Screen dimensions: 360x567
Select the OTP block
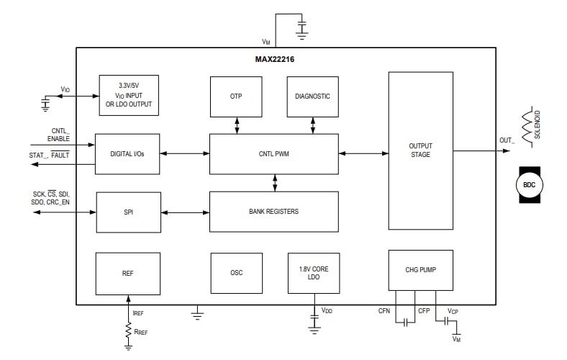(236, 96)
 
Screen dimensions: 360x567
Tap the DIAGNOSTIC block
(312, 96)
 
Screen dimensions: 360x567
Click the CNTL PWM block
(273, 153)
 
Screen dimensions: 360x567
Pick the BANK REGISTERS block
(273, 212)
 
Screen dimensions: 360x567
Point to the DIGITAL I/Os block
(127, 153)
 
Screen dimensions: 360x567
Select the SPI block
(128, 212)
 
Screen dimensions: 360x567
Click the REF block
(128, 274)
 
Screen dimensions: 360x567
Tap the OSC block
(236, 274)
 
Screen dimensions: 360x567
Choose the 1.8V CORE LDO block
(313, 274)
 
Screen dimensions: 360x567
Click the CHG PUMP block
(420, 271)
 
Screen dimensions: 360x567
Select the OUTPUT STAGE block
(420, 150)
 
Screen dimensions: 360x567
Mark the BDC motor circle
(529, 185)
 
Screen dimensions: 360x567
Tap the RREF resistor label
(142, 333)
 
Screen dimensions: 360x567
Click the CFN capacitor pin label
(384, 311)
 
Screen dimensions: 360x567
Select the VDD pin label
(327, 310)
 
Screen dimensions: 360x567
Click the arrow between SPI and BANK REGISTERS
(185, 212)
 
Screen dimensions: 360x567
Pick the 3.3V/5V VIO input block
(128, 95)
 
